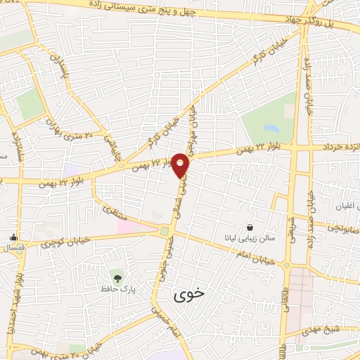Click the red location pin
tap(181, 165)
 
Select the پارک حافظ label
tap(121, 289)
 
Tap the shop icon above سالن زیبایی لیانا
tap(251, 226)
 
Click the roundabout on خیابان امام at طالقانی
tap(287, 265)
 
